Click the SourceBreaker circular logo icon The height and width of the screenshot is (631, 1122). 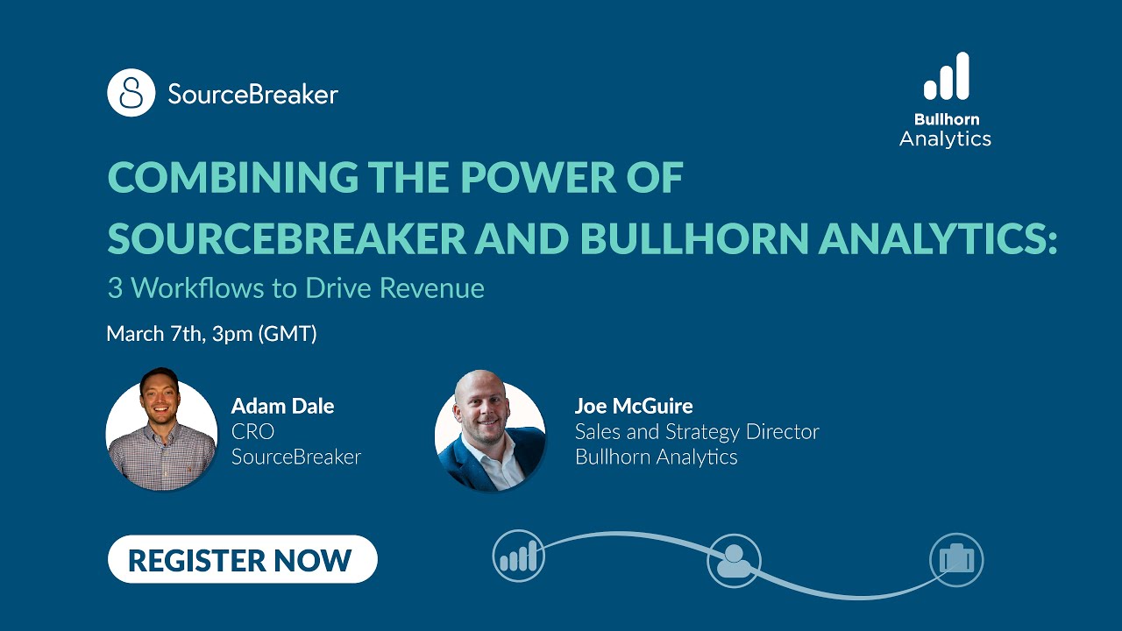131,93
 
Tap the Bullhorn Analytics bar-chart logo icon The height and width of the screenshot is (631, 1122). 946,76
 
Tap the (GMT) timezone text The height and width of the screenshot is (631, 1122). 288,334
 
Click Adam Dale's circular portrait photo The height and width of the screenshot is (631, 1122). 161,429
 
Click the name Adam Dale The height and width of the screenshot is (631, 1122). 282,406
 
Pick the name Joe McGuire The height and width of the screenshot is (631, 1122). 634,406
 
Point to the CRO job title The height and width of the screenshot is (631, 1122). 252,431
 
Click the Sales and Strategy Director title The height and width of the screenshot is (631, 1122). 697,431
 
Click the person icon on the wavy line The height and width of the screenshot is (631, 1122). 734,560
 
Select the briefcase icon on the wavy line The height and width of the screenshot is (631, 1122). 956,559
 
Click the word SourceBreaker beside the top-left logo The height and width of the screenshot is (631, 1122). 252,95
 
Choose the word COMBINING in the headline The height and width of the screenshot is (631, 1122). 232,179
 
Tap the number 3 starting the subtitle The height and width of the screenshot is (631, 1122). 115,288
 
